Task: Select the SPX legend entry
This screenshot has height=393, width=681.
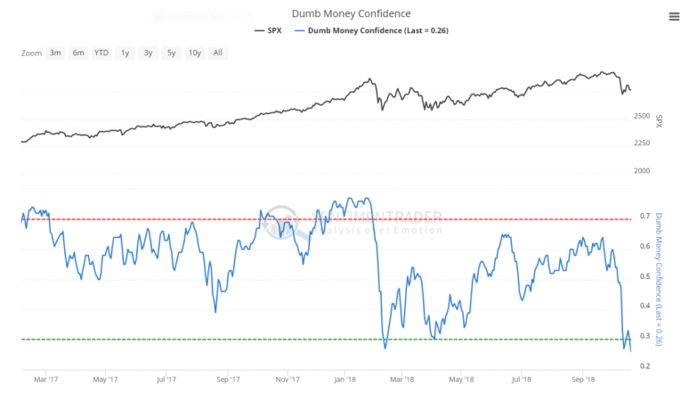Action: click(271, 30)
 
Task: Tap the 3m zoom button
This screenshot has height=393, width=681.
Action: click(55, 53)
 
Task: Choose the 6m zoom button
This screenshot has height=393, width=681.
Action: click(78, 53)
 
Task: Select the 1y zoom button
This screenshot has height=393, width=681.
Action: click(126, 53)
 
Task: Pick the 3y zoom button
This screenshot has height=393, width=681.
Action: click(148, 53)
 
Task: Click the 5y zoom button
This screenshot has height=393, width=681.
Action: click(171, 53)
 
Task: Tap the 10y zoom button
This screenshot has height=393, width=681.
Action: click(194, 53)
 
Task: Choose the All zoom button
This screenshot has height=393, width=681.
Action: click(217, 53)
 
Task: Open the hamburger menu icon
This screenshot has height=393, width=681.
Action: click(673, 15)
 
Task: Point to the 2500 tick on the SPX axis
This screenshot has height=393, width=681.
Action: click(642, 117)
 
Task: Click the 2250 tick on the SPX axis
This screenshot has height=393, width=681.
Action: click(642, 143)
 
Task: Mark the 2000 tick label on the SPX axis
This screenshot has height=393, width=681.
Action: click(642, 171)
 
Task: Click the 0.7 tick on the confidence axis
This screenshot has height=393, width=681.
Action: click(645, 218)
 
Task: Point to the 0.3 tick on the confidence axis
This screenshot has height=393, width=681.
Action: click(645, 336)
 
